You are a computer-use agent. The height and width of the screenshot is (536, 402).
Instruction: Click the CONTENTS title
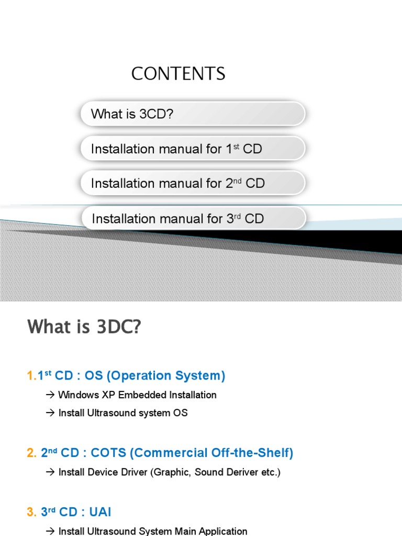pyautogui.click(x=178, y=74)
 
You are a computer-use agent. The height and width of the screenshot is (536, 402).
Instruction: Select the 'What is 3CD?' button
pyautogui.click(x=192, y=114)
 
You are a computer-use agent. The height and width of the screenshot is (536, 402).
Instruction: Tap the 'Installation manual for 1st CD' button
pyautogui.click(x=192, y=149)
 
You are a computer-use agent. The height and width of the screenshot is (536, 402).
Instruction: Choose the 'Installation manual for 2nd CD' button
pyautogui.click(x=192, y=183)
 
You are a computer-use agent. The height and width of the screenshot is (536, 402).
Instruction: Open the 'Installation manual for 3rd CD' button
pyautogui.click(x=192, y=218)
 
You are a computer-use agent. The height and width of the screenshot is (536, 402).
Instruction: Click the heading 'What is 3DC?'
pyautogui.click(x=84, y=327)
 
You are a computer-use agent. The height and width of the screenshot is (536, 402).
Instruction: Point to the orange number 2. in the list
pyautogui.click(x=31, y=453)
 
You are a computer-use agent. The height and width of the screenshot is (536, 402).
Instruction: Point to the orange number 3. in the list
pyautogui.click(x=31, y=512)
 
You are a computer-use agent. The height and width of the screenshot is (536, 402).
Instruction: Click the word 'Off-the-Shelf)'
pyautogui.click(x=252, y=453)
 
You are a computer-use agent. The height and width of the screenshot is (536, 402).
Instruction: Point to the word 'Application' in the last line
pyautogui.click(x=224, y=531)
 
